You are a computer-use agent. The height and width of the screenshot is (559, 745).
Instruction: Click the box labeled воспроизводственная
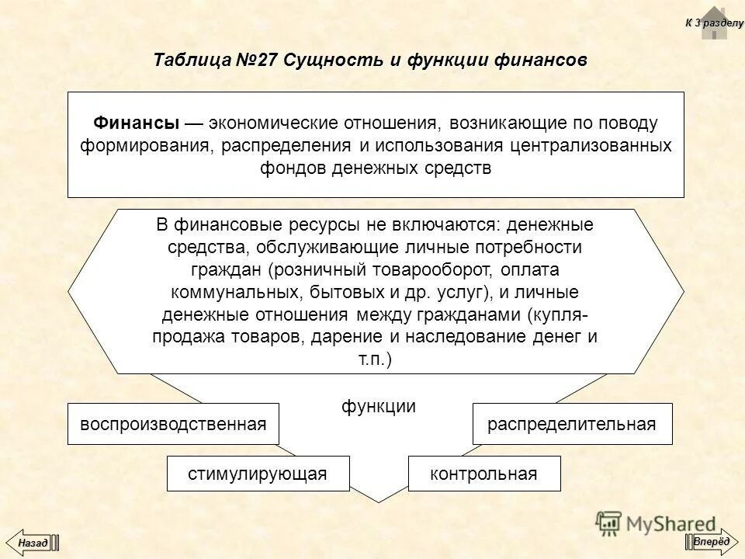[x=172, y=424]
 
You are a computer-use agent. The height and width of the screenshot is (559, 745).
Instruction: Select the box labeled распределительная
[x=572, y=424]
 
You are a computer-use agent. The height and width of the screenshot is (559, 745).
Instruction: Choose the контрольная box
[x=483, y=474]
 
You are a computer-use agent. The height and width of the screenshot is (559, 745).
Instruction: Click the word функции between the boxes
[x=379, y=406]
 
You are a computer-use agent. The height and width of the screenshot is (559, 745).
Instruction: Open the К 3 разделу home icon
[x=714, y=23]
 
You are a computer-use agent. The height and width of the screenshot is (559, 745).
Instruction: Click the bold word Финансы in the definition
[x=137, y=123]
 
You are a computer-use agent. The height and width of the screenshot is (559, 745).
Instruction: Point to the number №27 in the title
[x=252, y=60]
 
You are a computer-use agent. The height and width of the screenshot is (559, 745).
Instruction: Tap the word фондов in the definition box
[x=294, y=169]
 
